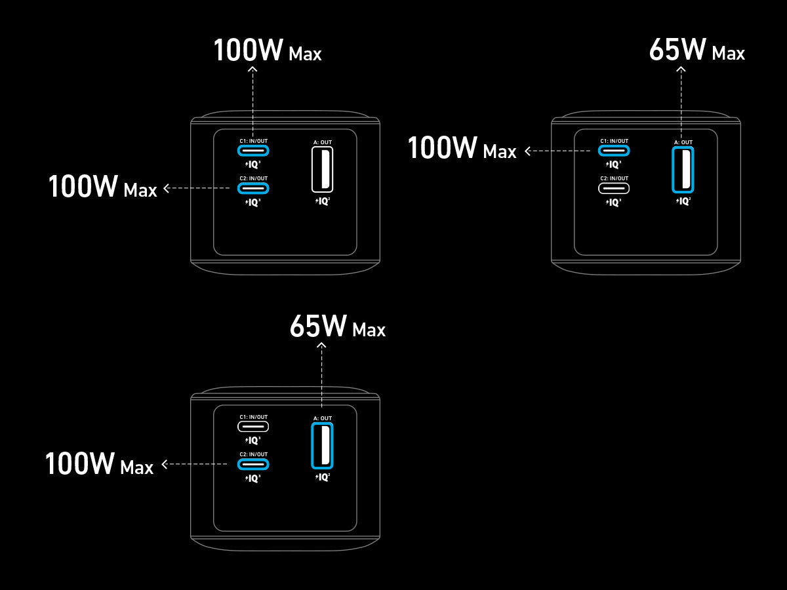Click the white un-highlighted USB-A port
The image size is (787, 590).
pyautogui.click(x=321, y=169)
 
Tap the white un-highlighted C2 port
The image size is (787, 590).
pyautogui.click(x=614, y=188)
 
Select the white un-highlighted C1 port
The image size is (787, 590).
pyautogui.click(x=253, y=426)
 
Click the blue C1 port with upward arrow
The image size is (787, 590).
pyautogui.click(x=253, y=150)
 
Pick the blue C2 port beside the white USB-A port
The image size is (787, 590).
pyautogui.click(x=253, y=188)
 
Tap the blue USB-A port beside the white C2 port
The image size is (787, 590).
pyautogui.click(x=682, y=169)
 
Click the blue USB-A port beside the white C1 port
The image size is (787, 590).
pyautogui.click(x=321, y=446)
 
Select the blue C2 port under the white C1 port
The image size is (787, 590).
pyautogui.click(x=253, y=464)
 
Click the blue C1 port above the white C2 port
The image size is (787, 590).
pyautogui.click(x=614, y=150)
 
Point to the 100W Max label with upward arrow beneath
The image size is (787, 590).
pyautogui.click(x=267, y=51)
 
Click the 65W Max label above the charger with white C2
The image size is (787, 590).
pyautogui.click(x=697, y=51)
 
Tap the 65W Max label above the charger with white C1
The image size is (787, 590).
pyautogui.click(x=338, y=327)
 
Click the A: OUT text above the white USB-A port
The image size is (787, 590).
pyautogui.click(x=321, y=142)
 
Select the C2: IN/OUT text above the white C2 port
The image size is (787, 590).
pyautogui.click(x=614, y=178)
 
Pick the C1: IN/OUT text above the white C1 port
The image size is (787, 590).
pyautogui.click(x=253, y=417)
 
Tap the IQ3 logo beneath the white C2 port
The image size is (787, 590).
pyautogui.click(x=614, y=203)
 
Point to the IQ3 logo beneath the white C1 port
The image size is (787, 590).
pyautogui.click(x=253, y=441)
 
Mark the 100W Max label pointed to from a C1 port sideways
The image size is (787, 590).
pyautogui.click(x=462, y=149)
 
